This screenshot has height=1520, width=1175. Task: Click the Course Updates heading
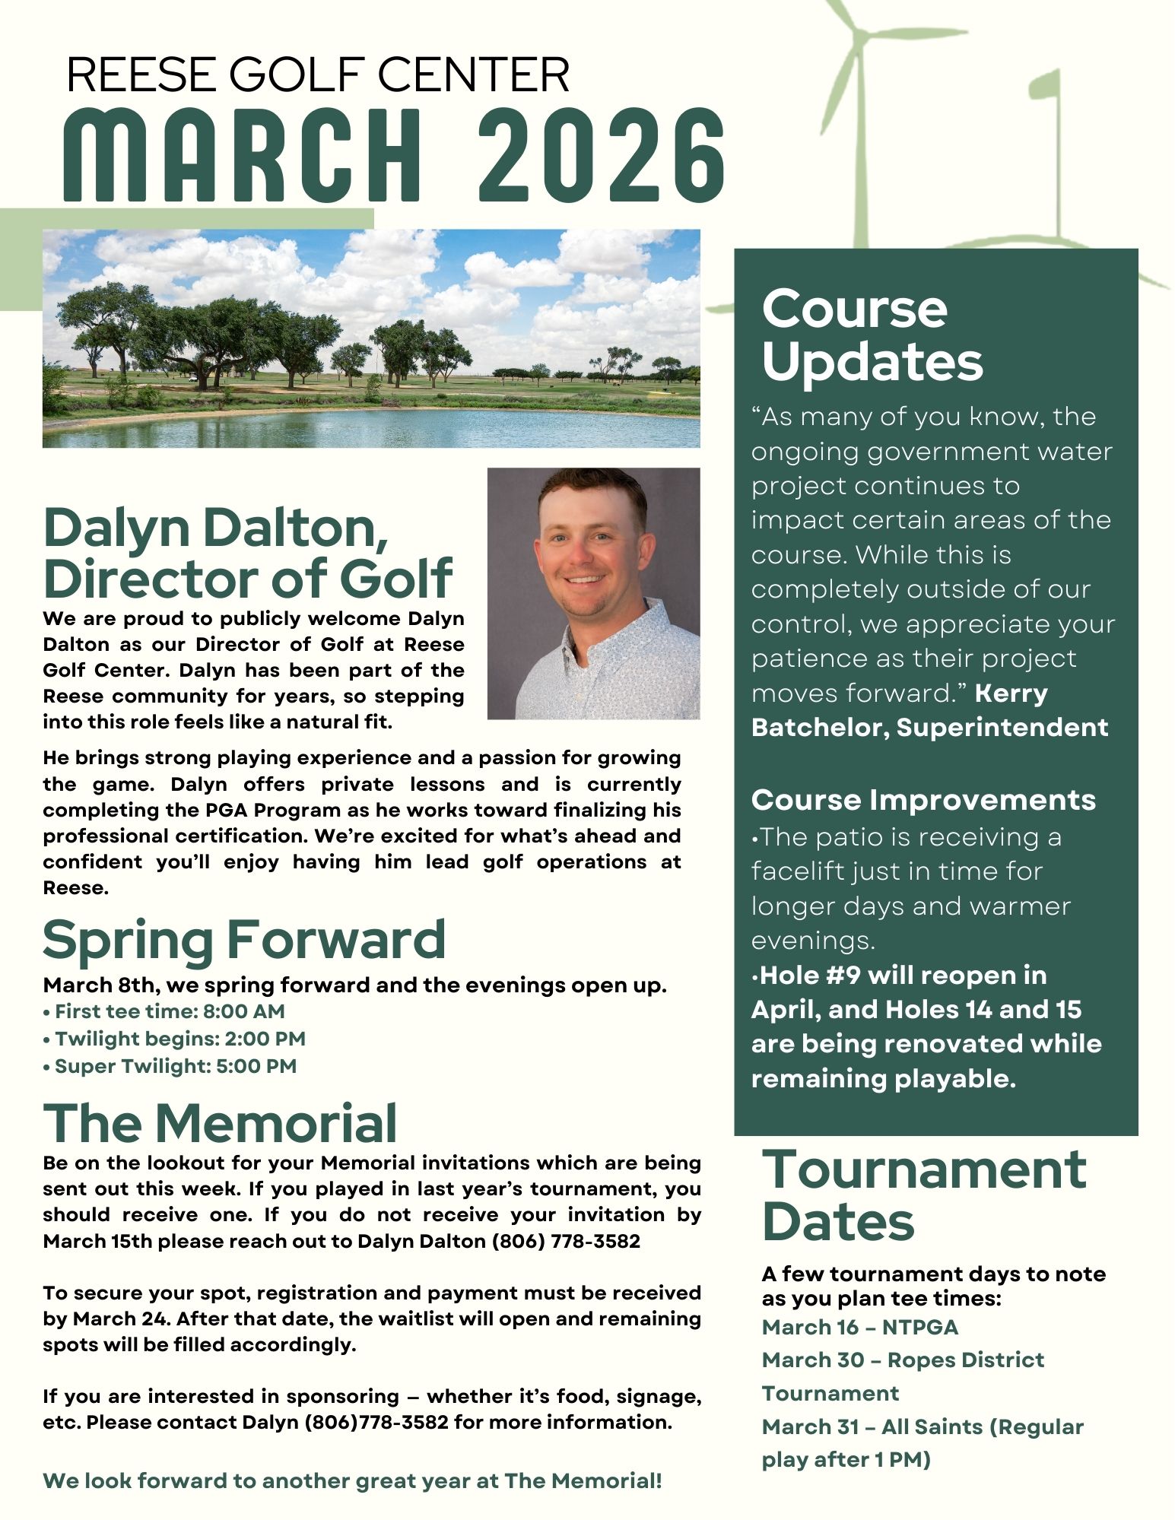point(872,335)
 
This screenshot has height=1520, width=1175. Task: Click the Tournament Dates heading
point(923,1195)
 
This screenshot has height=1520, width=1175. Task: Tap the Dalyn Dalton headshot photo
point(593,593)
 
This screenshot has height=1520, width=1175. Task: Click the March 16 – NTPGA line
point(859,1328)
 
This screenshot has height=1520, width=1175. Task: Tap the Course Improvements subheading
point(923,800)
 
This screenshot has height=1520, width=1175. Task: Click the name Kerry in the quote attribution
point(1011,693)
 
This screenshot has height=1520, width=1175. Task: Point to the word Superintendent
point(1002,728)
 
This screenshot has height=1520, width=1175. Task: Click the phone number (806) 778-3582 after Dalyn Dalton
point(566,1242)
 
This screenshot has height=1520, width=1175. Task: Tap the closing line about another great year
point(352,1480)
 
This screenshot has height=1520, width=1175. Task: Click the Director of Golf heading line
point(248,578)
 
